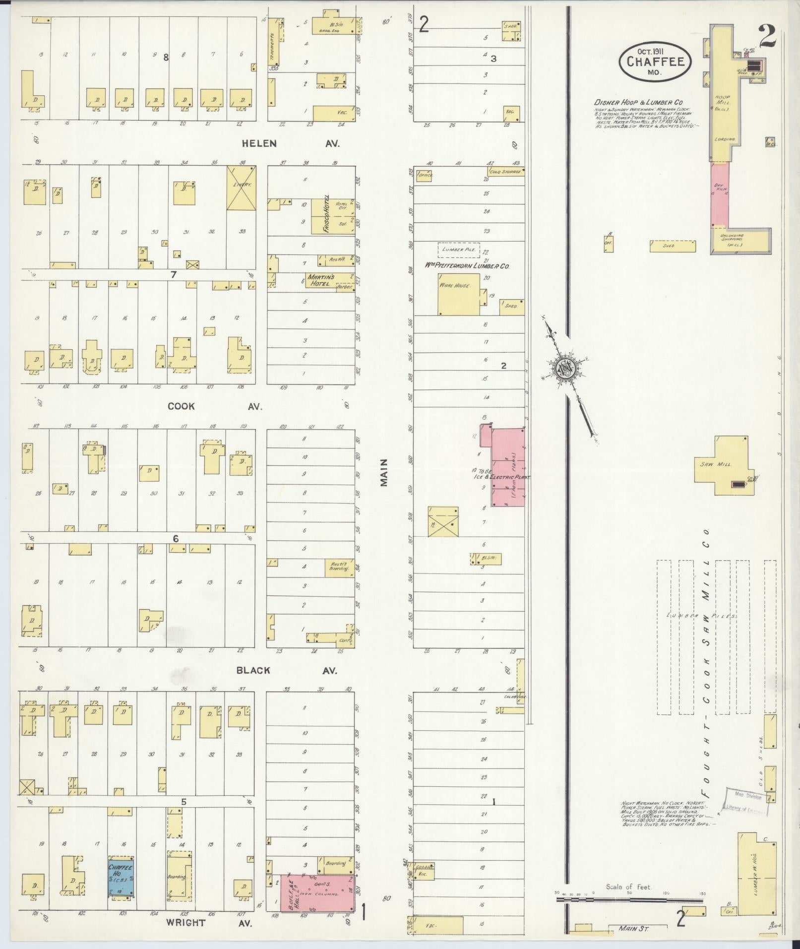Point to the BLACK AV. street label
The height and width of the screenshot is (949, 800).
(286, 670)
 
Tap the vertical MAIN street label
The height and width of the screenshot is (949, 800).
(384, 473)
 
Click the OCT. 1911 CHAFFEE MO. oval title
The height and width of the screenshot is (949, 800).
(655, 62)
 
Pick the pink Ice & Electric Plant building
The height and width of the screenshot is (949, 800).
(508, 466)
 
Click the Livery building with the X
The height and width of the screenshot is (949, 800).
(242, 188)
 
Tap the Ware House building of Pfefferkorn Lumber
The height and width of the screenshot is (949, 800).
(458, 294)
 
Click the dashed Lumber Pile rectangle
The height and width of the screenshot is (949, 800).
(459, 250)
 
